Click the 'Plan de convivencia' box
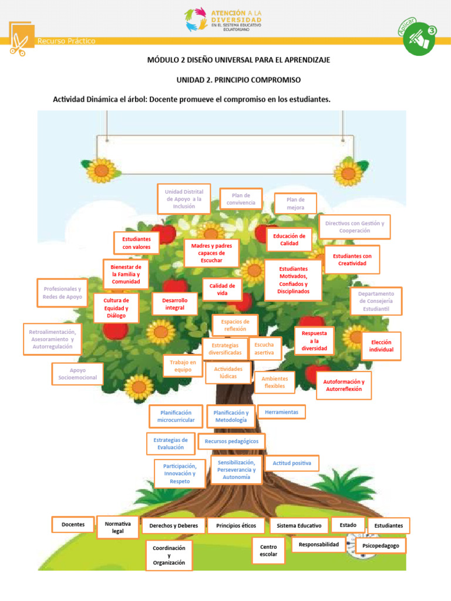(241, 199)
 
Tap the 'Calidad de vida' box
(222, 289)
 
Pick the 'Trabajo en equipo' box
(183, 366)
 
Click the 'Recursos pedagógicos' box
(232, 440)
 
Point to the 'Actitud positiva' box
(292, 463)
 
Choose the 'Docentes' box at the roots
(73, 524)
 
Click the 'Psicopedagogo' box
(381, 545)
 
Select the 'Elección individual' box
(381, 346)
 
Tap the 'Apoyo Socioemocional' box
(78, 374)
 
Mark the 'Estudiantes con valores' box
(136, 243)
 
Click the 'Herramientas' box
(281, 412)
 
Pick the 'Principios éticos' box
(236, 525)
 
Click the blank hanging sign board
(225, 154)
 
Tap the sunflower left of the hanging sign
(101, 170)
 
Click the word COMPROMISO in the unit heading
(272, 79)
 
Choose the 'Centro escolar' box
(268, 551)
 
